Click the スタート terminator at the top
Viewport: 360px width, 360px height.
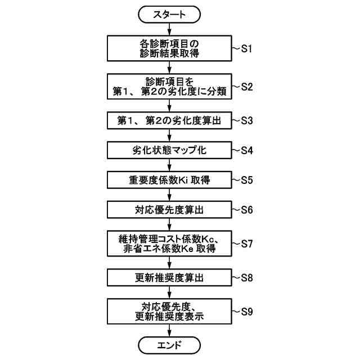coord(169,15)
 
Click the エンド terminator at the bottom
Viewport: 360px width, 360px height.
coord(169,344)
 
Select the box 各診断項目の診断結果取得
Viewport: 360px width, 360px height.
coord(169,48)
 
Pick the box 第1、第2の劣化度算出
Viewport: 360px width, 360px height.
coord(169,120)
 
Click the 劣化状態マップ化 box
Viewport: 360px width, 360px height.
coord(169,150)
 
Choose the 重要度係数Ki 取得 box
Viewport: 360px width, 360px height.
coord(169,180)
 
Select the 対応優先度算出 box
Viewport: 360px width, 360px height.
coord(169,210)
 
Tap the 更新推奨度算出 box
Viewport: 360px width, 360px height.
coord(169,277)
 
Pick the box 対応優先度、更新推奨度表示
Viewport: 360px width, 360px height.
coord(169,311)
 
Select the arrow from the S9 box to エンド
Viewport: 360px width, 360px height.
coord(169,330)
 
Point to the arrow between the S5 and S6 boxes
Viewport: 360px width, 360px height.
coord(169,195)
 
